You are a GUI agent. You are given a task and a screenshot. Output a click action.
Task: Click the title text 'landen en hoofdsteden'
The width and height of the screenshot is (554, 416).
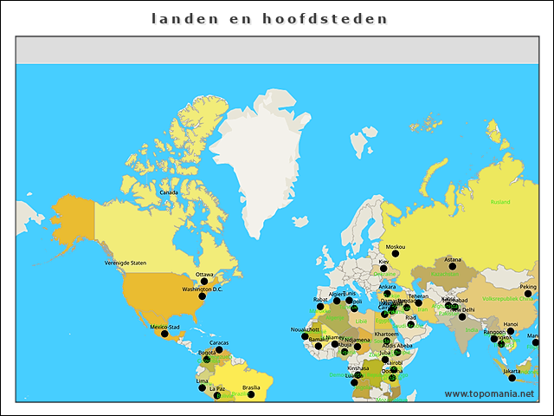(269, 18)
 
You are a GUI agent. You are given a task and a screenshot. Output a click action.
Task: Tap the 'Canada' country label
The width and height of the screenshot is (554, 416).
(169, 192)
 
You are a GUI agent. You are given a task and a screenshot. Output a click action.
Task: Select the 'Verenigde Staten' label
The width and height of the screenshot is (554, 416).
(126, 262)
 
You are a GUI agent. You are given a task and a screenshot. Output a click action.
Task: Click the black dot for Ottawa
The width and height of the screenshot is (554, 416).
(204, 281)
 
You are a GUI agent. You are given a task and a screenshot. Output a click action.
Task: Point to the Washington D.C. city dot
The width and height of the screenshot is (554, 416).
(203, 296)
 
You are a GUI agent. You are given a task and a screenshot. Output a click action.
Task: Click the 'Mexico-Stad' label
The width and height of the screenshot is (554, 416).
(164, 328)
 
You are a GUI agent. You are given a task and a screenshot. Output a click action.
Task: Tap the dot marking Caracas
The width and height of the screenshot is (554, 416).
(219, 350)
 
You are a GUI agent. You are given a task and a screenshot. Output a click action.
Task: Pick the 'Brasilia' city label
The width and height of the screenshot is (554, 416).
(251, 387)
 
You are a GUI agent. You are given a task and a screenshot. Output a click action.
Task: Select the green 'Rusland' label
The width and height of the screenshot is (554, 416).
(500, 202)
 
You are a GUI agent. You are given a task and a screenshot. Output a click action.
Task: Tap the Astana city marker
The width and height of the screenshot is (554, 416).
(452, 265)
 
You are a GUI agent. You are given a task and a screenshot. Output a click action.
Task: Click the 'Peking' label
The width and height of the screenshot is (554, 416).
(527, 287)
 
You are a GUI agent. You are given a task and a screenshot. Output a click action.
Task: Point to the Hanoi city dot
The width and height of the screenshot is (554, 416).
(510, 331)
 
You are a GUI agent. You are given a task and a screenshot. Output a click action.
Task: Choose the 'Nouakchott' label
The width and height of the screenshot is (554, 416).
(305, 330)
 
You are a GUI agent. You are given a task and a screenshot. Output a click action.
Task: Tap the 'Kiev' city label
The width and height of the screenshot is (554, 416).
(383, 261)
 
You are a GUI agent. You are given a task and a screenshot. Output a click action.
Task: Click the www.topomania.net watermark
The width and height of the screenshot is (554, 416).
(489, 393)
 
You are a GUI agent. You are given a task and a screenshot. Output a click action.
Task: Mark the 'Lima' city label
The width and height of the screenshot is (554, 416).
(202, 380)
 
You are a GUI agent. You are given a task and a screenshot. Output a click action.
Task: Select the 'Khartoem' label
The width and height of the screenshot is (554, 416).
(386, 334)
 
